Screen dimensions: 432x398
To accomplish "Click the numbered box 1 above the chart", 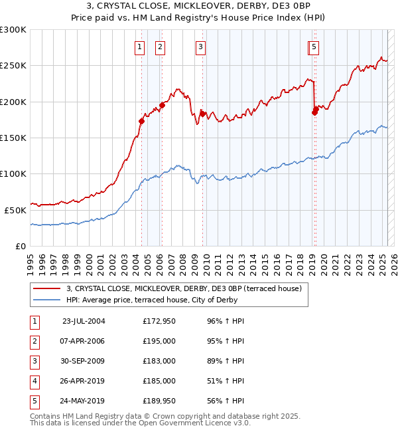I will point(140,47).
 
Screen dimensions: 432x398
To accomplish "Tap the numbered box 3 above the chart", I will point(200,47).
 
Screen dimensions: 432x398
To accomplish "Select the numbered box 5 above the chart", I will point(314,47).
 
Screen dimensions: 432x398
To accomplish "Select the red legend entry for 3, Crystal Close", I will point(184,288).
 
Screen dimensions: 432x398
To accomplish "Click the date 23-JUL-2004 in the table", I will point(84,321).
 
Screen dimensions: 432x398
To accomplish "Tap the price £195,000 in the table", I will point(159,341).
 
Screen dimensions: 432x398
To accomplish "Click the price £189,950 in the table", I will point(159,401).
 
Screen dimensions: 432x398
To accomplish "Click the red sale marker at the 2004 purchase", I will point(141,121).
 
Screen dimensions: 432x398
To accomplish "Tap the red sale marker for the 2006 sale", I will point(162,105).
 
